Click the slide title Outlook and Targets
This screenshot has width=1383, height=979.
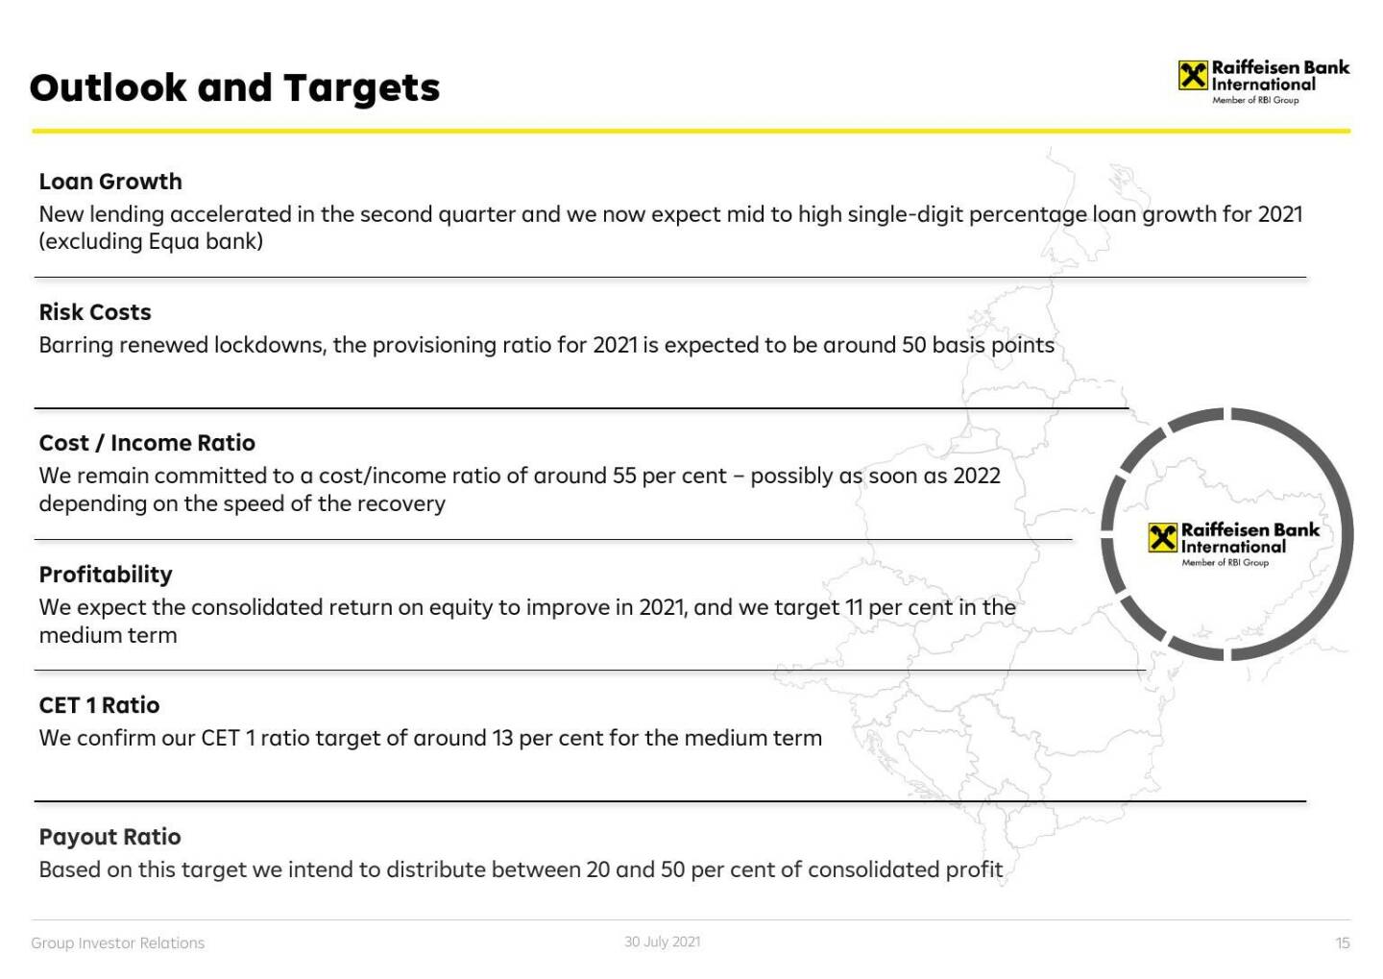pos(234,87)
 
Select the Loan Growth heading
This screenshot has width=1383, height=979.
pos(110,182)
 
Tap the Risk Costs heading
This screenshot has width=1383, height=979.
pos(95,312)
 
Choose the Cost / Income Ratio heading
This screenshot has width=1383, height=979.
pos(147,443)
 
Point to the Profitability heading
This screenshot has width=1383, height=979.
pos(106,575)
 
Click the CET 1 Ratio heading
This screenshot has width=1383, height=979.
pos(100,705)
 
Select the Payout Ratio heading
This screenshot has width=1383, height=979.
pos(109,837)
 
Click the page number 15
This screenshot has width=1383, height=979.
pos(1343,943)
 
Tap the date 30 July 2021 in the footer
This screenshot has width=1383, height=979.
pos(662,942)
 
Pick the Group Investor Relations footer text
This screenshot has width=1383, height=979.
pos(118,943)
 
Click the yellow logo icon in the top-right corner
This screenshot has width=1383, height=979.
pos(1193,76)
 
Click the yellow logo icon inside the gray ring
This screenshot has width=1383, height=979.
pos(1162,538)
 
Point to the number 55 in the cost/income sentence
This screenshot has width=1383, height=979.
pos(624,477)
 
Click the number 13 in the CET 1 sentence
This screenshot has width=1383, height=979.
pos(502,739)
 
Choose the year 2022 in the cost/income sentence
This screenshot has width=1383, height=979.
pos(977,477)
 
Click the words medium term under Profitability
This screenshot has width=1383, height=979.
pos(108,635)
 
